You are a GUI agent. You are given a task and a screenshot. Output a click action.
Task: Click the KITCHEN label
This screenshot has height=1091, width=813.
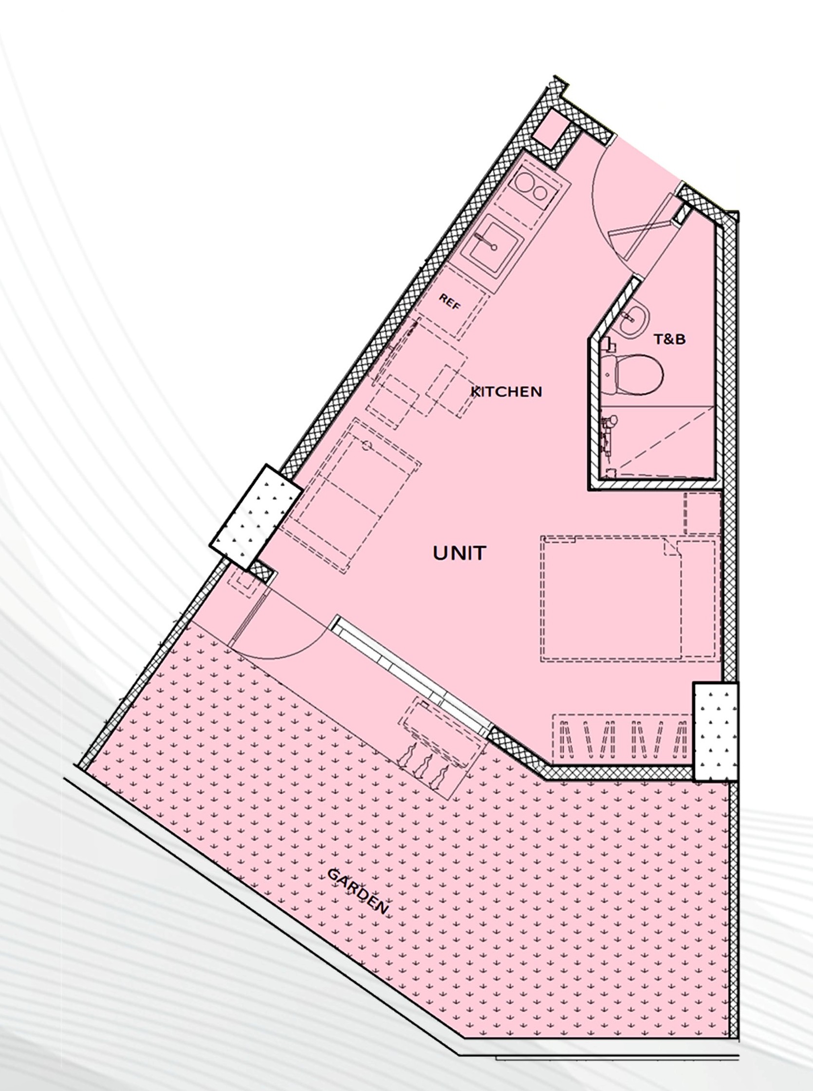(x=506, y=392)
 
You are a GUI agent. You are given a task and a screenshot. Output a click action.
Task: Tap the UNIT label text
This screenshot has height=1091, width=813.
(x=460, y=553)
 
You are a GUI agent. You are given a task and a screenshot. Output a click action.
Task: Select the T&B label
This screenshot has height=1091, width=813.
(x=669, y=339)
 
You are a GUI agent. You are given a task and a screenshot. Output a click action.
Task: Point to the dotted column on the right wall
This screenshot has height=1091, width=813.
(x=716, y=731)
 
